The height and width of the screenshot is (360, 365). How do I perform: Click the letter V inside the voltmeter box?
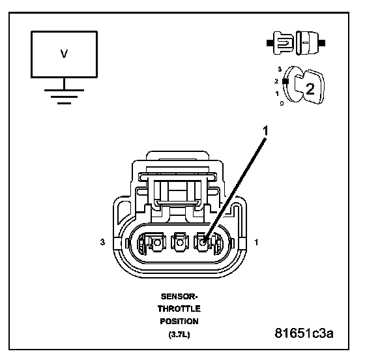[64, 53]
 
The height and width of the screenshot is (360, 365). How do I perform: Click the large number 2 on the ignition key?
[310, 89]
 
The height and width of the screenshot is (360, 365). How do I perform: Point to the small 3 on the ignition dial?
[280, 69]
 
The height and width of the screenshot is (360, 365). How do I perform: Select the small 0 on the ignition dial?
[282, 103]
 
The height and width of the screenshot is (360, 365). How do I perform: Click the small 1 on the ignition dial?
[277, 94]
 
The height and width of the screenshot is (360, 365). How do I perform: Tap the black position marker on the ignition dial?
[285, 82]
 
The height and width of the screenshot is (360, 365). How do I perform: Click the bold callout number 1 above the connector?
[265, 130]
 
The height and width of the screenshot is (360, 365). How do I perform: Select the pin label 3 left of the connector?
[102, 242]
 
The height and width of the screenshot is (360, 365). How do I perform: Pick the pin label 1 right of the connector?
[256, 242]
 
